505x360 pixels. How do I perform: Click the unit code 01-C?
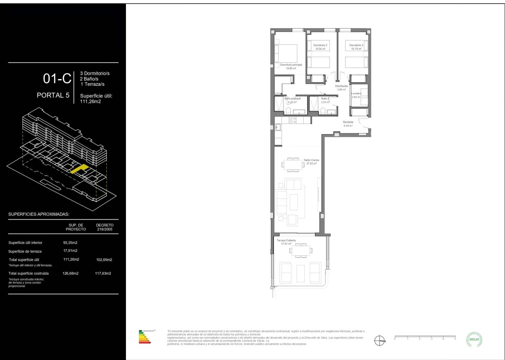click(57, 79)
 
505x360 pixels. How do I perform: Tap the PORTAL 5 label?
click(53, 95)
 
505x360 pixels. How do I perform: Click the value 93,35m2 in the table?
click(70, 243)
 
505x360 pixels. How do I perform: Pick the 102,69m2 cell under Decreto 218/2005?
click(104, 260)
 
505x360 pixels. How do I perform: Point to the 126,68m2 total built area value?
click(70, 274)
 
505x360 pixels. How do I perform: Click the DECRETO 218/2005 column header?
click(104, 227)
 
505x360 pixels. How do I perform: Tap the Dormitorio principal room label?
click(291, 65)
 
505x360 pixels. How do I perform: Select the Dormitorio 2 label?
click(320, 45)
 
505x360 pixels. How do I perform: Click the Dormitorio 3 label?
click(356, 45)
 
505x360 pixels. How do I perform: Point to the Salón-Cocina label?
click(311, 160)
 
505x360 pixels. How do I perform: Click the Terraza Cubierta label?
click(286, 240)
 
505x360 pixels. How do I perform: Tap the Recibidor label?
click(348, 122)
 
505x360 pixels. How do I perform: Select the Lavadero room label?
click(356, 94)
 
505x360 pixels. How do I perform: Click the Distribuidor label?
click(342, 86)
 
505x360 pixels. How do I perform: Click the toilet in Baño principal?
click(288, 111)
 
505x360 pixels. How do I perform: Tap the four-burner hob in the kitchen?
click(293, 120)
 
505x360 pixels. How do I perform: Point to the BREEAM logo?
click(474, 339)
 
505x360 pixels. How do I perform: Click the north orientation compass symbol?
click(380, 341)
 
